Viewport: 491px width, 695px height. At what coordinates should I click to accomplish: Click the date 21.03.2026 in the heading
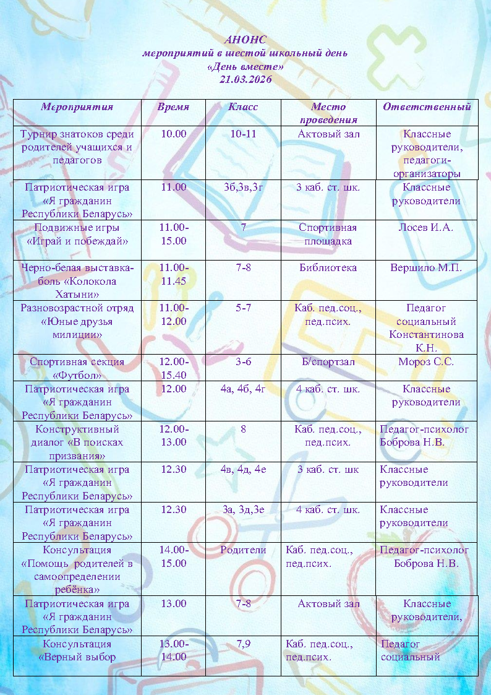click(245, 79)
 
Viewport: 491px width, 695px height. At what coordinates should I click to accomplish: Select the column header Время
click(173, 106)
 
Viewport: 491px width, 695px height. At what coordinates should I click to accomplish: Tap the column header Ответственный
click(427, 106)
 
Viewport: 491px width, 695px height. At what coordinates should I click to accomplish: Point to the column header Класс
click(243, 106)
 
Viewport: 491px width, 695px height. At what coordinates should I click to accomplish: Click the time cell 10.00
click(173, 134)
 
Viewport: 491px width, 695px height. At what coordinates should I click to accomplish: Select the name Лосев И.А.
click(426, 228)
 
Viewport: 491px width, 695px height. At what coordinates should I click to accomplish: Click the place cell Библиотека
click(328, 268)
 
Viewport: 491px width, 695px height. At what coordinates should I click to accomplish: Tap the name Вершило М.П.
click(426, 268)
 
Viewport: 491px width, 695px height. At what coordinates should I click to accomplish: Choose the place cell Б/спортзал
click(328, 362)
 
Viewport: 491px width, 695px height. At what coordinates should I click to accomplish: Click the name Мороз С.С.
click(426, 362)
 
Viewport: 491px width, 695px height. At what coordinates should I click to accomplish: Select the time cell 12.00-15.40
click(173, 368)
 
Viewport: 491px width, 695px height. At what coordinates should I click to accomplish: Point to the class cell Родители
click(243, 550)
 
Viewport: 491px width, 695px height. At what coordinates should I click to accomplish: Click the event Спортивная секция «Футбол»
click(77, 368)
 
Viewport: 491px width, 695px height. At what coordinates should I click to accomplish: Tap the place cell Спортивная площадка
click(328, 234)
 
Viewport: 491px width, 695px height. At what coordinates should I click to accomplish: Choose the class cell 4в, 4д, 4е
click(243, 469)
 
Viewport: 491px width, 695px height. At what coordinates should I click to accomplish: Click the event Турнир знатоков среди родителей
click(77, 147)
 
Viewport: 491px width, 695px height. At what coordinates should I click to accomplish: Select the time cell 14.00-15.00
click(173, 556)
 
